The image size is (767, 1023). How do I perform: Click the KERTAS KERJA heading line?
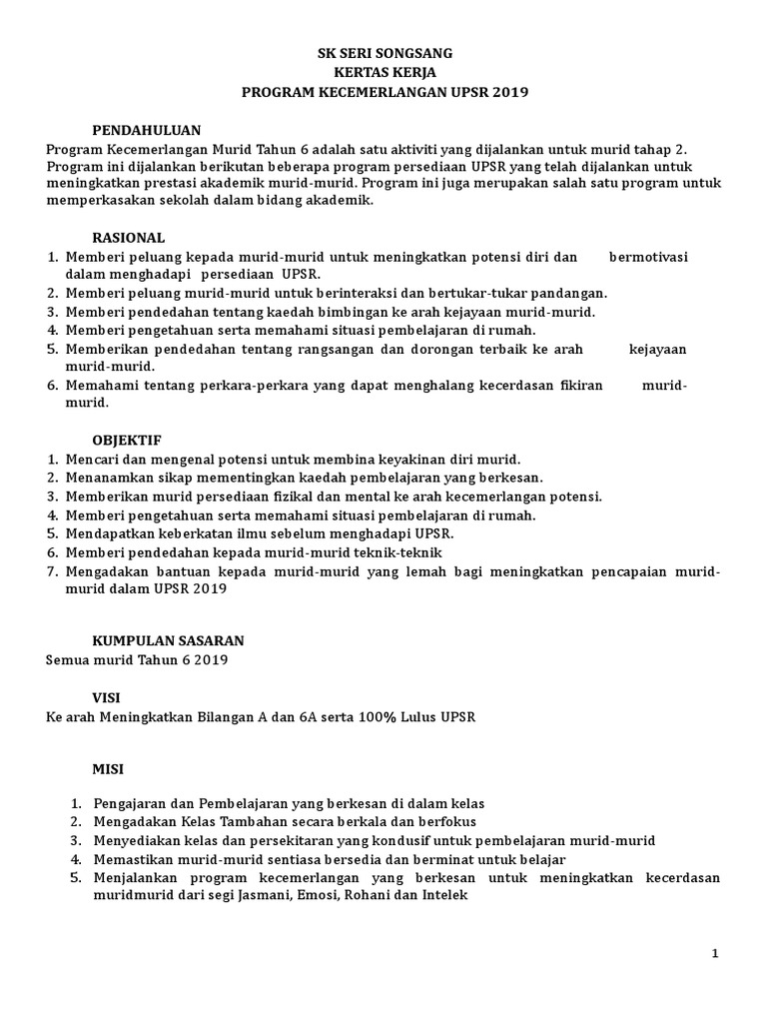coord(383,72)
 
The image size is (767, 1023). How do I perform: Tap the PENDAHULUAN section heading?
coord(147,130)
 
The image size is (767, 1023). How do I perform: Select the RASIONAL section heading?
coord(129,238)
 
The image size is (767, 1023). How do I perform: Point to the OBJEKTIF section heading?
coord(127,440)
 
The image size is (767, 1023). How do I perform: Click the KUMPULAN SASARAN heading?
coord(168,639)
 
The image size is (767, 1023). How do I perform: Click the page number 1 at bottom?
coord(715,954)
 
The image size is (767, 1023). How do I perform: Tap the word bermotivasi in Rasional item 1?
coord(648,257)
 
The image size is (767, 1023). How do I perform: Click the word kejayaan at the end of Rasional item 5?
coord(657,349)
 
